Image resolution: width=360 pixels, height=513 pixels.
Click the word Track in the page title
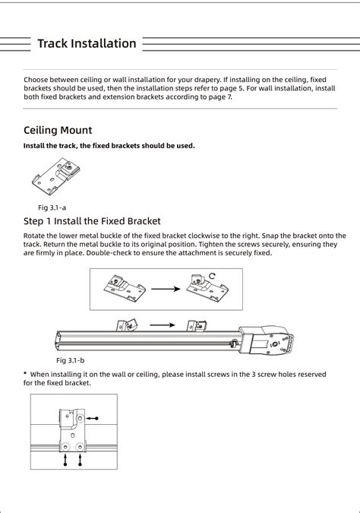[54, 43]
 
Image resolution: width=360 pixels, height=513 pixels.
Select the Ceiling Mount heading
[58, 130]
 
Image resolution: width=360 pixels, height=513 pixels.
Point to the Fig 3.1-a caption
[52, 207]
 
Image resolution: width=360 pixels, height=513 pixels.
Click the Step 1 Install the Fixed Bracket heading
[92, 221]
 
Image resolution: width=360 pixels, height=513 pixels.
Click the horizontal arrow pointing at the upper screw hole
[92, 418]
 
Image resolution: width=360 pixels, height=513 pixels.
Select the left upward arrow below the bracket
[66, 459]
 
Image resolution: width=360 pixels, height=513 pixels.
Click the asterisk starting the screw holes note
[25, 374]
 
